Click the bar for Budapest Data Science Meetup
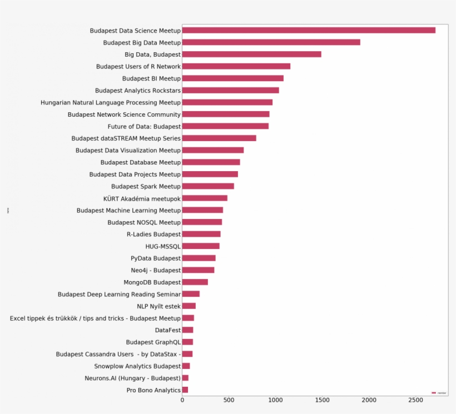(x=309, y=30)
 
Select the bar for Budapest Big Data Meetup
(x=271, y=42)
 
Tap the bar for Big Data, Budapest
(x=251, y=54)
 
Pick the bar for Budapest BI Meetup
(x=232, y=78)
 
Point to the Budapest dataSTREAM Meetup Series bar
(x=219, y=138)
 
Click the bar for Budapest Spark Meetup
(x=208, y=186)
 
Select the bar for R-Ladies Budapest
(x=201, y=234)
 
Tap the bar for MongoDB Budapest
(x=195, y=282)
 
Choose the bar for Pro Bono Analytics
(x=185, y=390)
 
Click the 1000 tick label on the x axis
(x=275, y=400)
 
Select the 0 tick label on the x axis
(x=182, y=400)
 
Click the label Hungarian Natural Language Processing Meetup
(x=111, y=102)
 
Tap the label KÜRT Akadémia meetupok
(x=142, y=198)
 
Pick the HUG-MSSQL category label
(x=163, y=246)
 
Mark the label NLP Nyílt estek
(x=158, y=306)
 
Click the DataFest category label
(x=167, y=330)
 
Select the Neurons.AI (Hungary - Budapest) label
(x=132, y=378)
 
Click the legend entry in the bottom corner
(x=439, y=392)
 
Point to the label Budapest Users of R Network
(x=138, y=66)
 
